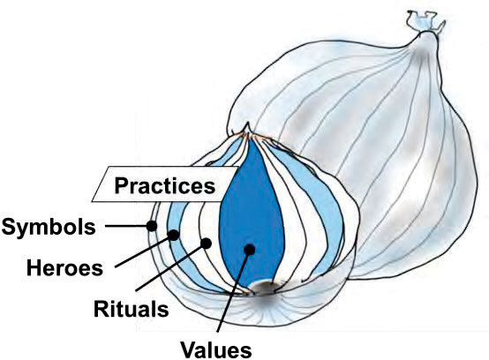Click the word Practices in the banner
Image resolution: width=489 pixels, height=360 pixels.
(165, 186)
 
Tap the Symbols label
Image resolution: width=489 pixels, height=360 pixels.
(49, 227)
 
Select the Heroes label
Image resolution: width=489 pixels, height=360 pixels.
(64, 267)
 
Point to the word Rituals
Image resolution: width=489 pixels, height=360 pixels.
(132, 309)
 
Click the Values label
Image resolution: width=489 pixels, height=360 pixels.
(216, 350)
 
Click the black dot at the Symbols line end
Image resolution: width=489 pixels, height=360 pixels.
(152, 226)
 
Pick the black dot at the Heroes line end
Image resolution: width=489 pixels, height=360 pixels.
(174, 235)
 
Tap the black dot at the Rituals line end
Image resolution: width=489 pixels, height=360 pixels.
(206, 244)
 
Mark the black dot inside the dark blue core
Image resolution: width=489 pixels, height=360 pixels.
(250, 250)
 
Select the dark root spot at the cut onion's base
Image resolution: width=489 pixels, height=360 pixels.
(264, 288)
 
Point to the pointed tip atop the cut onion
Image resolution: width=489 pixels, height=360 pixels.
(248, 129)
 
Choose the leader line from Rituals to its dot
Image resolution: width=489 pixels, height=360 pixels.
(171, 267)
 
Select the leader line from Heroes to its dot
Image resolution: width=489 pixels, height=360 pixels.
(145, 251)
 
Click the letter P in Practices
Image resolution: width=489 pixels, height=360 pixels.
(121, 186)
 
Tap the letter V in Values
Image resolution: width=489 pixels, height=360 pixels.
(189, 350)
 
